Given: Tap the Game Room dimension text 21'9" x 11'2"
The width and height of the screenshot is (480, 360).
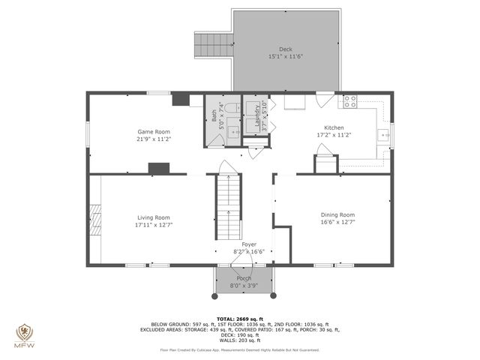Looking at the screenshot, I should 154,139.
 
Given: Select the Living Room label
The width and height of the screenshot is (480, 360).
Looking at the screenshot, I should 154,217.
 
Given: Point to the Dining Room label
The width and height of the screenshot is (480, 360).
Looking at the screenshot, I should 337,214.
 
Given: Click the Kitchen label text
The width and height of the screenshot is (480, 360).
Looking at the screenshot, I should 334,127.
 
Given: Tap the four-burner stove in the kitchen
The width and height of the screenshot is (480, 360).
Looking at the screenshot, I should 349,100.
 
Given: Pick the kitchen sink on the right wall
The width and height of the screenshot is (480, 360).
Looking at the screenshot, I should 382,135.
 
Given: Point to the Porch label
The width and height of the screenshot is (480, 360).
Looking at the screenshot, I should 244,278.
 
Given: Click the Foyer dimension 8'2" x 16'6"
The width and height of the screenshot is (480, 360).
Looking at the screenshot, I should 244,251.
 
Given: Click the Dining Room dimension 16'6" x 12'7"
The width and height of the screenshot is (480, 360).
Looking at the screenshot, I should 337,222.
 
